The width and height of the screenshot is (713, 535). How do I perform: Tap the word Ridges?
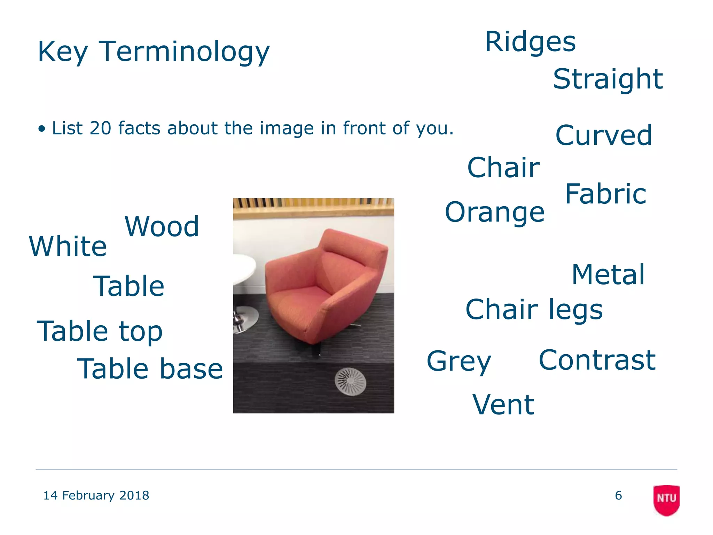tap(530, 42)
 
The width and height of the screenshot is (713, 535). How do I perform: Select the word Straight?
tap(608, 79)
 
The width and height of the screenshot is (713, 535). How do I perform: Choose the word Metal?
tap(608, 274)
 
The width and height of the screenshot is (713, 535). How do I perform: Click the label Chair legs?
tap(534, 309)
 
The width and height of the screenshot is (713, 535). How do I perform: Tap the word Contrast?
tap(597, 360)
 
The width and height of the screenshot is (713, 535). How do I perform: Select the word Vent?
tap(503, 405)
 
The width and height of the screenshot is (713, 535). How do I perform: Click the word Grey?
tap(459, 362)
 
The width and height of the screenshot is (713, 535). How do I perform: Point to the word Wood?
tap(162, 226)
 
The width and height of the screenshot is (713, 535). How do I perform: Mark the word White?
tap(68, 246)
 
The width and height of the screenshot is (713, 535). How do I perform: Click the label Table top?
tap(100, 331)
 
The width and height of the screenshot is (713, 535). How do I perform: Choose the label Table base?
tap(150, 369)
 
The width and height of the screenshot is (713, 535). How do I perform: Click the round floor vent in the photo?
tap(350, 382)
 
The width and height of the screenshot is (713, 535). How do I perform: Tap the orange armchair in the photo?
tap(324, 286)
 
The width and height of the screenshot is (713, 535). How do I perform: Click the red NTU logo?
tap(666, 499)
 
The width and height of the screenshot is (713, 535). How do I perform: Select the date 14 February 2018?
tap(96, 495)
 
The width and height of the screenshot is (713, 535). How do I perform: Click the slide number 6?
tap(618, 495)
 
